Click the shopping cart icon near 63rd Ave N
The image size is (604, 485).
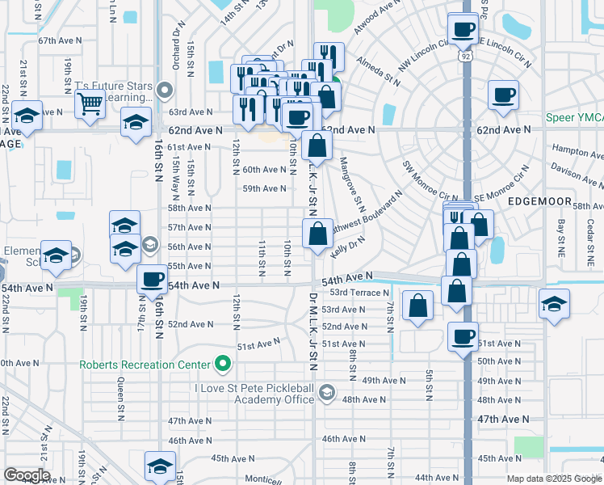pos(90,103)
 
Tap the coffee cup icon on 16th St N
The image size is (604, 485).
pos(152,280)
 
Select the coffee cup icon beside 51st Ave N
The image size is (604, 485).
pos(463,336)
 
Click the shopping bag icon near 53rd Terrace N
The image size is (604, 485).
pos(417,306)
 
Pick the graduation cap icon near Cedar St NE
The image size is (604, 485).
pos(554,304)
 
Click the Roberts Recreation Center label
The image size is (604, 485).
pos(144,365)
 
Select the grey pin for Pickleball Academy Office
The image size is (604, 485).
pos(326,394)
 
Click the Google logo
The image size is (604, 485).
pos(27,475)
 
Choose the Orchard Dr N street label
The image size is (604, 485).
pos(174,37)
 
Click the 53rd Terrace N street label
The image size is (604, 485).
pos(354,293)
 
